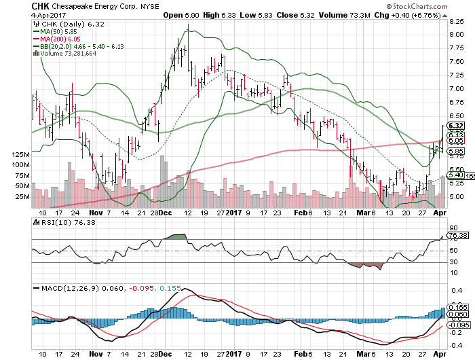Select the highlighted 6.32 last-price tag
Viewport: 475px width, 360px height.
tap(456, 126)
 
